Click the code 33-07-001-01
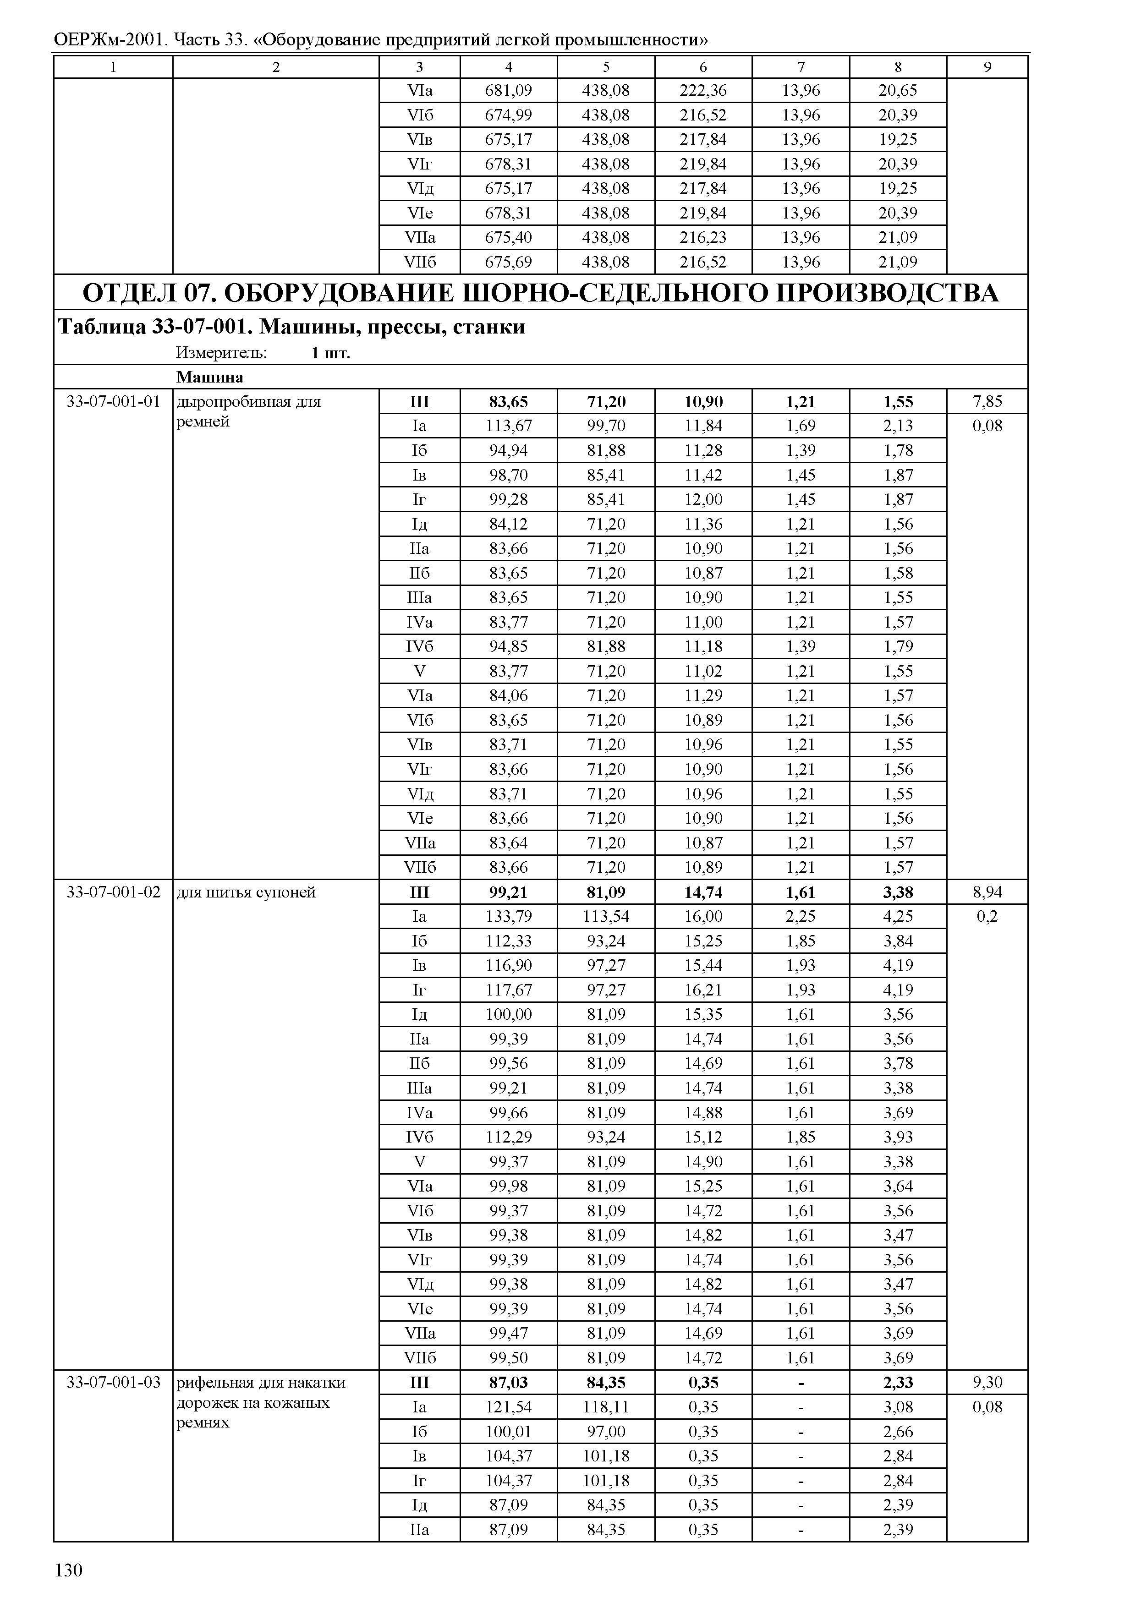[114, 402]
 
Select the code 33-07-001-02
[114, 892]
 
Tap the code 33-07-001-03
[114, 1383]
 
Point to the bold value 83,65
[508, 402]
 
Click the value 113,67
[508, 426]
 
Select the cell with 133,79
[508, 916]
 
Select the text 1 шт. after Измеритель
[330, 353]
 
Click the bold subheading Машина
[209, 377]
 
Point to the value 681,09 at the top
[508, 90]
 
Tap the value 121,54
[508, 1407]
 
